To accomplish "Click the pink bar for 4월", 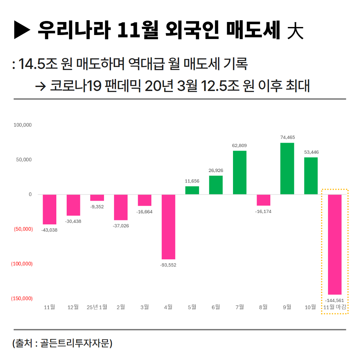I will click(168, 227).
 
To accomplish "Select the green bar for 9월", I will click(287, 168).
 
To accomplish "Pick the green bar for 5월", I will click(192, 190).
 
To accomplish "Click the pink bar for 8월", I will click(263, 200).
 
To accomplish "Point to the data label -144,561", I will click(334, 300).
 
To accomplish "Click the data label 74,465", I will click(287, 137).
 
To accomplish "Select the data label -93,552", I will click(168, 265).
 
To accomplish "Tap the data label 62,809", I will click(239, 145).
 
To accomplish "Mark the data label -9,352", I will click(97, 207).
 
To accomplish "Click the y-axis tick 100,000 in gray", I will click(23, 125).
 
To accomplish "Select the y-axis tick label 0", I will click(30, 194).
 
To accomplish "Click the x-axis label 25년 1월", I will click(97, 307).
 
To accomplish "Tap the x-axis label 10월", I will click(311, 307).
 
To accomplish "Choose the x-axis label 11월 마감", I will click(335, 307).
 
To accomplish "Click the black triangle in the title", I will click(22, 30).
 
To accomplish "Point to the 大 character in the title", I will click(295, 31).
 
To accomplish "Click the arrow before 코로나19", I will click(40, 86).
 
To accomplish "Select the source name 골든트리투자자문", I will click(75, 343).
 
